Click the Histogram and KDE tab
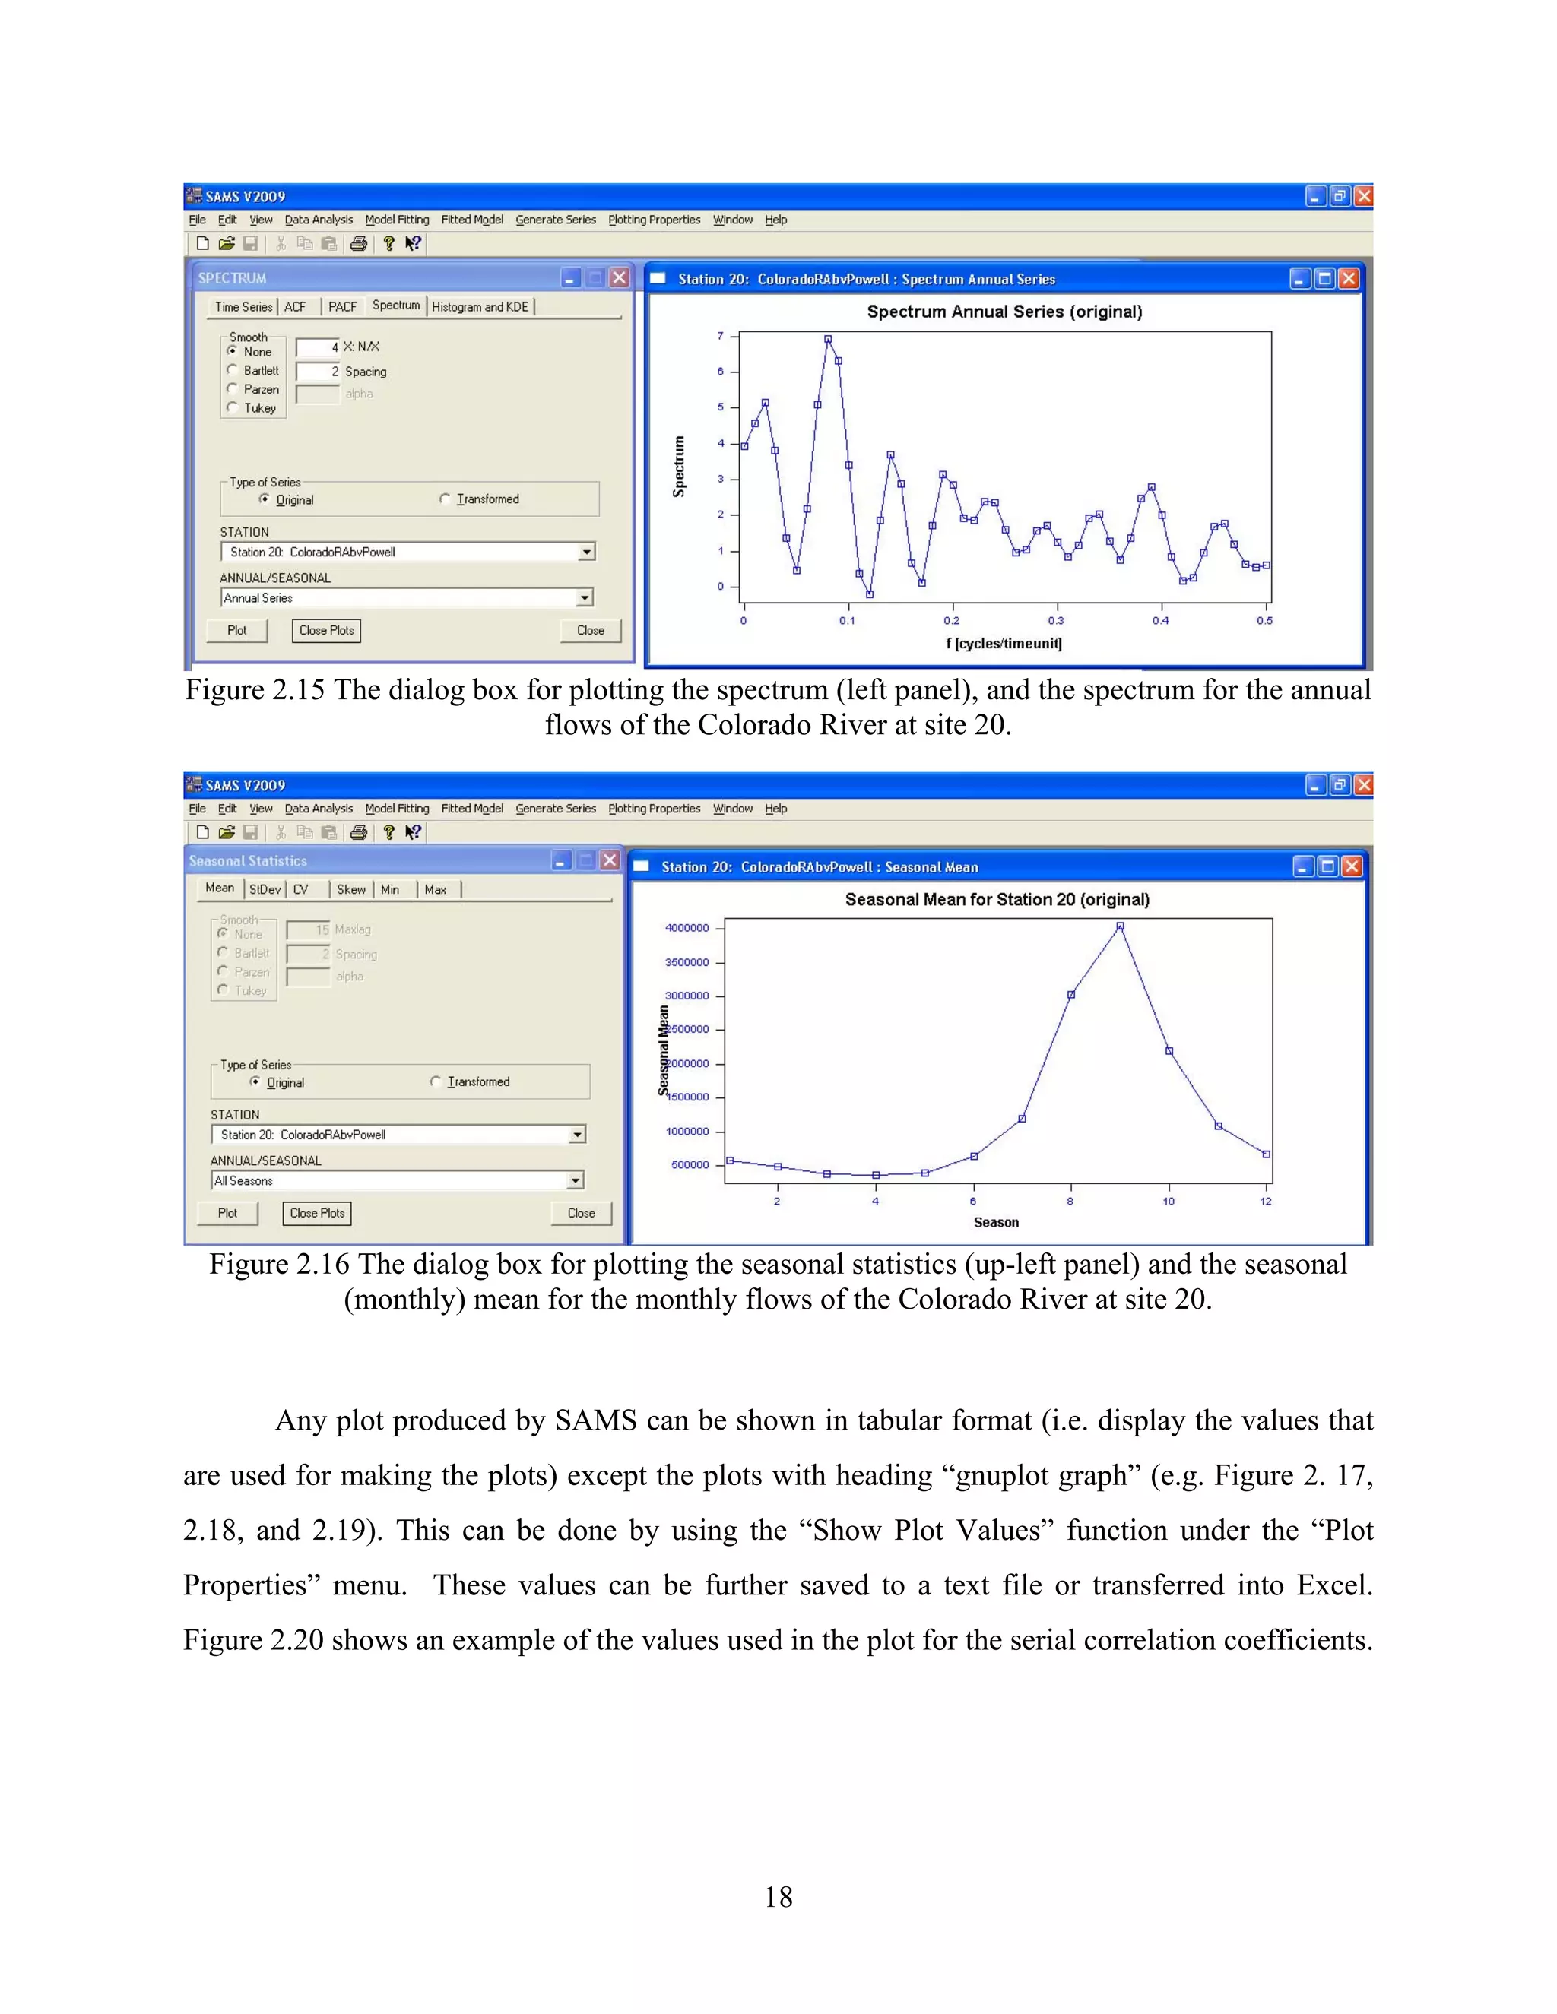click(480, 307)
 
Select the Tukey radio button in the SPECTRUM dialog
click(233, 407)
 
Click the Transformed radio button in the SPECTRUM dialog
click(446, 499)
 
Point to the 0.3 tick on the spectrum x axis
click(1056, 621)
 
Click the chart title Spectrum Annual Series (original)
click(1004, 312)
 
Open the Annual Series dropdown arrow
click(585, 597)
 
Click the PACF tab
click(342, 307)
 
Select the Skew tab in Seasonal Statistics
click(350, 889)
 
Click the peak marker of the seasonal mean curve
click(1120, 926)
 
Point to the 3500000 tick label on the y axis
click(687, 962)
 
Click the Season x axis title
click(996, 1222)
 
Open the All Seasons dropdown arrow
click(576, 1180)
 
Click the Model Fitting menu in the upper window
click(397, 220)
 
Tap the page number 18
click(778, 1897)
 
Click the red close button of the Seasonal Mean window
click(1351, 867)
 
